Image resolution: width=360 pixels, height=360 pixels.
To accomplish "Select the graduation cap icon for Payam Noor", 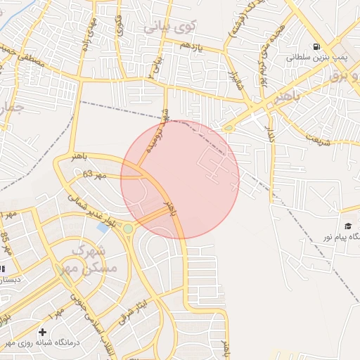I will tap(348, 224).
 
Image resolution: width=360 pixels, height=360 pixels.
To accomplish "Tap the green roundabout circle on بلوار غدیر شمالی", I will tap(128, 229).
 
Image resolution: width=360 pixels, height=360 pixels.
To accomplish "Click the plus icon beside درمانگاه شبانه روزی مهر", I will tap(43, 331).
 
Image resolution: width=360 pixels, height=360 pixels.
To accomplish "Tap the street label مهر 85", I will tap(6, 243).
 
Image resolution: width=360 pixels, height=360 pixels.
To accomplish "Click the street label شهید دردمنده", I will tap(157, 138).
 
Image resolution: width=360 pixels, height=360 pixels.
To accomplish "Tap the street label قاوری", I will tap(120, 29).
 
